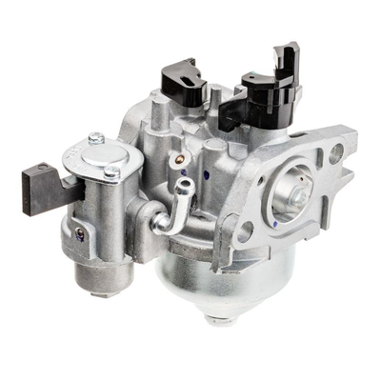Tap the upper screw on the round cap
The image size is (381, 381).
click(96, 139)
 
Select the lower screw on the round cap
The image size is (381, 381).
click(112, 172)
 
